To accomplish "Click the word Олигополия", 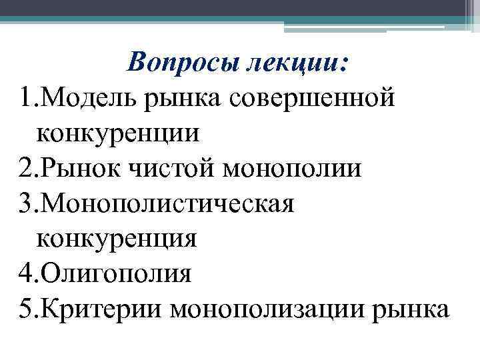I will [x=117, y=273].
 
